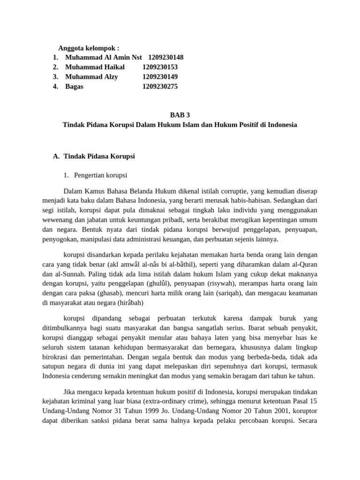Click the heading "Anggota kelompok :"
tap(89, 48)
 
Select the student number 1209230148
tap(165, 57)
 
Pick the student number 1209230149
tap(160, 77)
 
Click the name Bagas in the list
tap(74, 87)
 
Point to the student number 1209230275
tap(160, 87)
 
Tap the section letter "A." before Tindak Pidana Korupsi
tap(56, 156)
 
